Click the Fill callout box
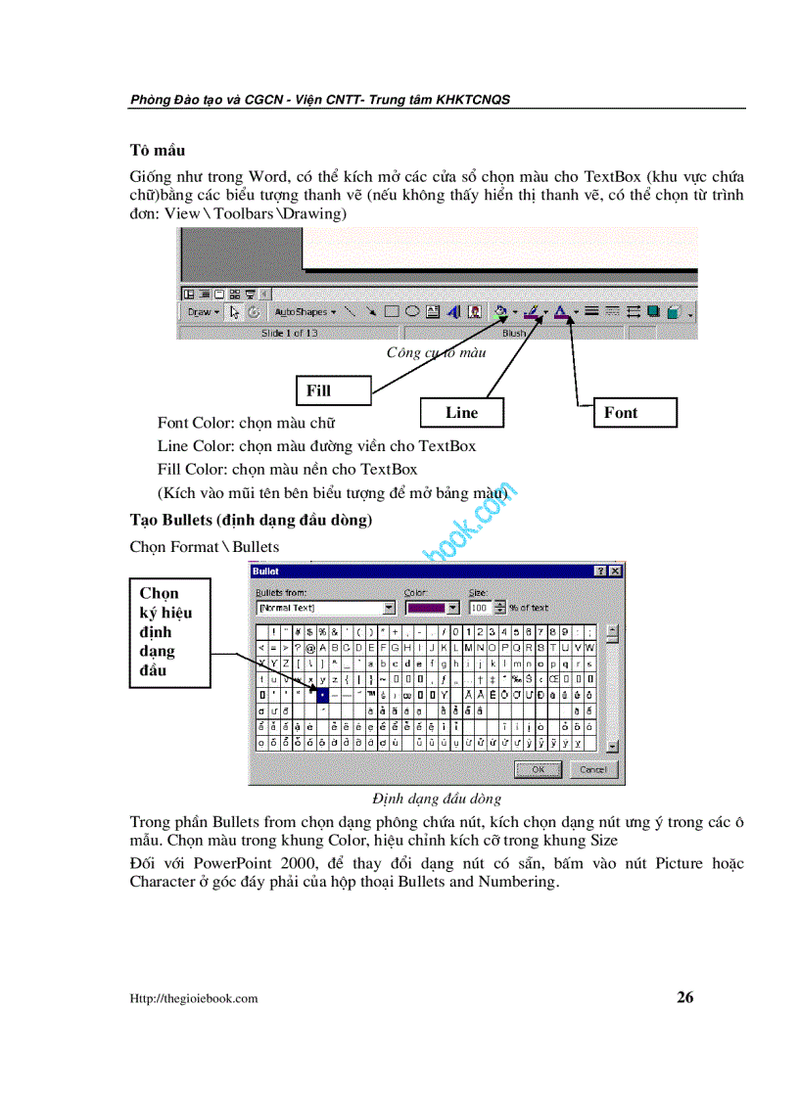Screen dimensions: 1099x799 333,390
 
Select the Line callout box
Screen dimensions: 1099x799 461,412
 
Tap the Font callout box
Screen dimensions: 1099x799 634,412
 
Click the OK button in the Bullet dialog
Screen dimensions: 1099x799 538,769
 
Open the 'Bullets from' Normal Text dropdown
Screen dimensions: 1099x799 389,608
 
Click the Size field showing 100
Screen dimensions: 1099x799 480,608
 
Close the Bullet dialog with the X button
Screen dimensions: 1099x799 615,571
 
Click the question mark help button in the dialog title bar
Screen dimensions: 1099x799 599,571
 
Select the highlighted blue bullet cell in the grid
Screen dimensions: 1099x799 323,694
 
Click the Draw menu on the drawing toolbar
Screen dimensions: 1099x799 201,312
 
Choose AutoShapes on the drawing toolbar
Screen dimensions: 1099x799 304,312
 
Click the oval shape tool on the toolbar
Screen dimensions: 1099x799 412,312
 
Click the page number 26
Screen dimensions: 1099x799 684,997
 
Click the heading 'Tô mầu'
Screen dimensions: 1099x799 158,151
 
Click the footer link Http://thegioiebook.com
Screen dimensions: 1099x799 194,998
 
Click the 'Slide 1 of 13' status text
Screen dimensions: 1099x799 289,334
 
